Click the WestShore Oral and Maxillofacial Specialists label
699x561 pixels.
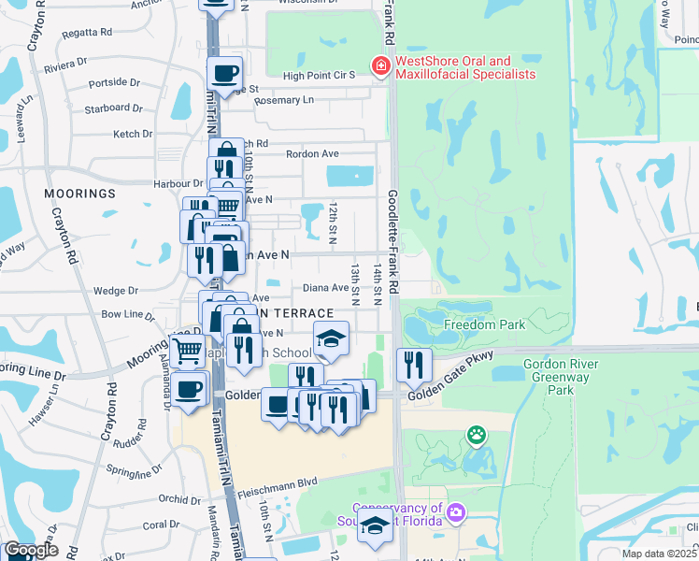coord(465,67)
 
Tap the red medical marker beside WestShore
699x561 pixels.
coord(380,66)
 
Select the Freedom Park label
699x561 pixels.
coord(485,325)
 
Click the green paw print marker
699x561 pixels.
coord(478,435)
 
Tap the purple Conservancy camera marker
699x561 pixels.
coord(456,511)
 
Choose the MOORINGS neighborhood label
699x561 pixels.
coord(79,194)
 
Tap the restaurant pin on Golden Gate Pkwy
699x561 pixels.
coord(413,363)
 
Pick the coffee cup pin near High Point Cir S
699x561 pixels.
coord(224,72)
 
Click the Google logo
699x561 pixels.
coord(30,550)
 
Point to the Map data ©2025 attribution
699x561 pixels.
coord(658,554)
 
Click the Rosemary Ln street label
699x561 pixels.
coord(284,100)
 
